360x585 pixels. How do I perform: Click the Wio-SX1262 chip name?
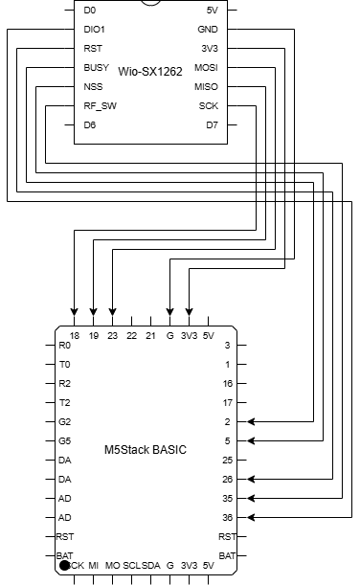tap(150, 70)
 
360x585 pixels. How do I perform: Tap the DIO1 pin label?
tap(96, 30)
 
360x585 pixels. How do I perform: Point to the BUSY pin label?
tap(97, 69)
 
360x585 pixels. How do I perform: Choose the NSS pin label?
tap(93, 87)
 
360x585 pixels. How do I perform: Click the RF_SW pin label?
tap(101, 106)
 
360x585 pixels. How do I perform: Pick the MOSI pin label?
tap(206, 69)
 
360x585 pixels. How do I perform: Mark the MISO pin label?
tap(206, 87)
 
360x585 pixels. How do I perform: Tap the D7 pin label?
tap(212, 125)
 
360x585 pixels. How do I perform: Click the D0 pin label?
tap(90, 11)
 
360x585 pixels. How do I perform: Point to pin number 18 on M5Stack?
tap(74, 336)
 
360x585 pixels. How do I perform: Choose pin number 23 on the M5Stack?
tap(113, 336)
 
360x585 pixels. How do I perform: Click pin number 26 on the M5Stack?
tap(227, 478)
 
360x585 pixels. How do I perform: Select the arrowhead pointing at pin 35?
tap(252, 498)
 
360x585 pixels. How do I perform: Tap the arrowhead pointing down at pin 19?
tap(93, 312)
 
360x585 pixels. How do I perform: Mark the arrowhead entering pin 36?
tap(252, 517)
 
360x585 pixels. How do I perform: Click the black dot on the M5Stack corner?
tap(64, 567)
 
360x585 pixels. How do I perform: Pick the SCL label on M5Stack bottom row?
tap(132, 567)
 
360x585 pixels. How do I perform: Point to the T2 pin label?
tap(64, 402)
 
